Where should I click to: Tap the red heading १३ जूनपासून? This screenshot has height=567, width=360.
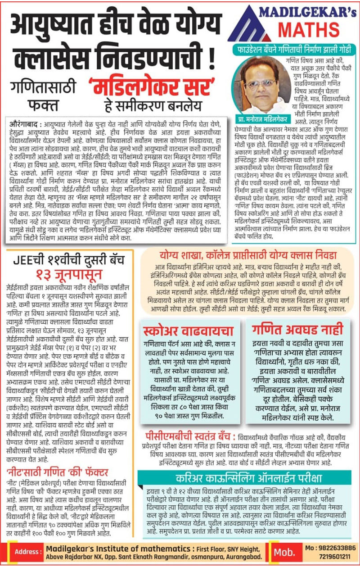[x=70, y=274]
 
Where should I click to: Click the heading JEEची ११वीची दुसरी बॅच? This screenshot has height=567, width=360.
[x=70, y=260]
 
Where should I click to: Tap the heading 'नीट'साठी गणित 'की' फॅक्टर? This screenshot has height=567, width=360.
[x=57, y=472]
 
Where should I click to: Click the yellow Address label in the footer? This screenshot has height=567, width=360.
[x=28, y=552]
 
